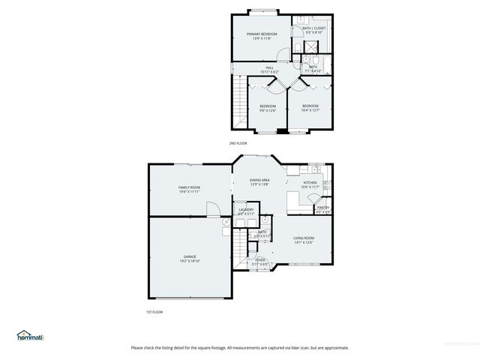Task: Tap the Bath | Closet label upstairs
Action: click(x=313, y=31)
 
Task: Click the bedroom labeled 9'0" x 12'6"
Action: click(x=268, y=108)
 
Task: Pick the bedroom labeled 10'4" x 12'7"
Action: click(x=310, y=108)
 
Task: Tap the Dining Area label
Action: click(x=259, y=182)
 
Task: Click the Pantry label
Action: click(x=323, y=210)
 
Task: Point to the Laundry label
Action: click(x=247, y=212)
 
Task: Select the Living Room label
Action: click(x=303, y=240)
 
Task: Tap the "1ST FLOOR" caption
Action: click(x=154, y=311)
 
